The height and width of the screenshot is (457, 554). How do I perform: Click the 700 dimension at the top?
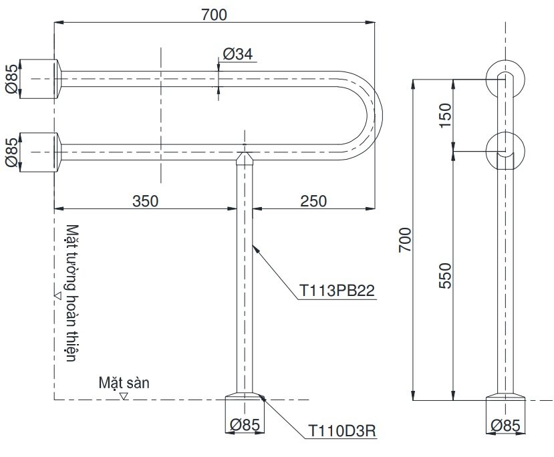[213, 14]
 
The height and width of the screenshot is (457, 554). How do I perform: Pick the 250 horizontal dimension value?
[313, 200]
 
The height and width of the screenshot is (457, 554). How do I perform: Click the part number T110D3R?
[341, 432]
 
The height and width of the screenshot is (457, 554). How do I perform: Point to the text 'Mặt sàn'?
[124, 383]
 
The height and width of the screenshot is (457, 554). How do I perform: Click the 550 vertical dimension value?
[444, 274]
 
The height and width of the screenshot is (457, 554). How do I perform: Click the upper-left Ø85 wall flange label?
[11, 79]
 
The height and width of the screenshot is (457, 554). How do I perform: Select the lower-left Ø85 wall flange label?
[11, 152]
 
